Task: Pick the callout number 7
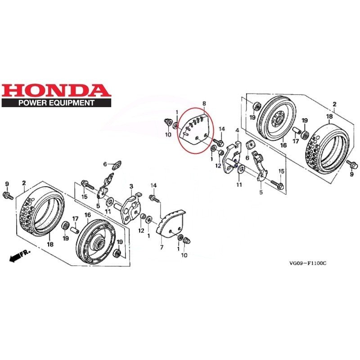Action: click(x=161, y=247)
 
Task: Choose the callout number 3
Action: click(x=131, y=186)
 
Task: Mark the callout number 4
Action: click(x=237, y=130)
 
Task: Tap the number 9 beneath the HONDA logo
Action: click(x=7, y=184)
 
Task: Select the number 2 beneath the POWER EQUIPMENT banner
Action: click(x=23, y=184)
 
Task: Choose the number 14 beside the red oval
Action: click(x=221, y=129)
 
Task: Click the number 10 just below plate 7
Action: click(x=184, y=256)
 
